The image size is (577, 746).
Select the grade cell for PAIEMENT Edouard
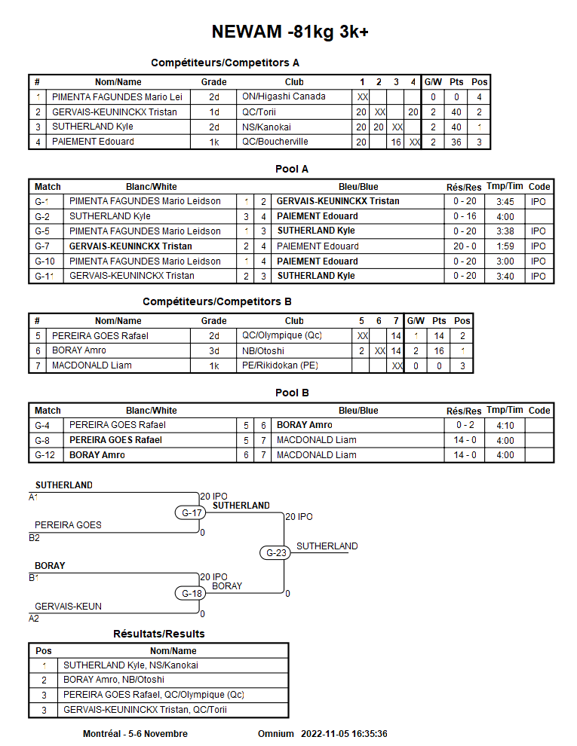coord(213,142)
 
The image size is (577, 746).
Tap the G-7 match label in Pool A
coord(42,246)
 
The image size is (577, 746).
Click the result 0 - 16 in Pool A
coord(465,216)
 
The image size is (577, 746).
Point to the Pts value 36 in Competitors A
coord(456,142)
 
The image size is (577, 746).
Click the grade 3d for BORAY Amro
coord(213,350)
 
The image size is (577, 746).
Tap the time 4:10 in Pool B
coord(505,425)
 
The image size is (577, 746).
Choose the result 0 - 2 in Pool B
coord(465,425)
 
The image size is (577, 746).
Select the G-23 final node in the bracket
coord(278,552)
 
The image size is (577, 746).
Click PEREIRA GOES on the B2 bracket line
coord(68,525)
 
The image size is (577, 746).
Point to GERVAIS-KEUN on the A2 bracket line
coord(68,606)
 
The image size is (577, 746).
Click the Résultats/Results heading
coord(158,634)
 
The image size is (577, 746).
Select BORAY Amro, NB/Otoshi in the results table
coord(113,680)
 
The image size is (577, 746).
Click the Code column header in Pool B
coord(539,411)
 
